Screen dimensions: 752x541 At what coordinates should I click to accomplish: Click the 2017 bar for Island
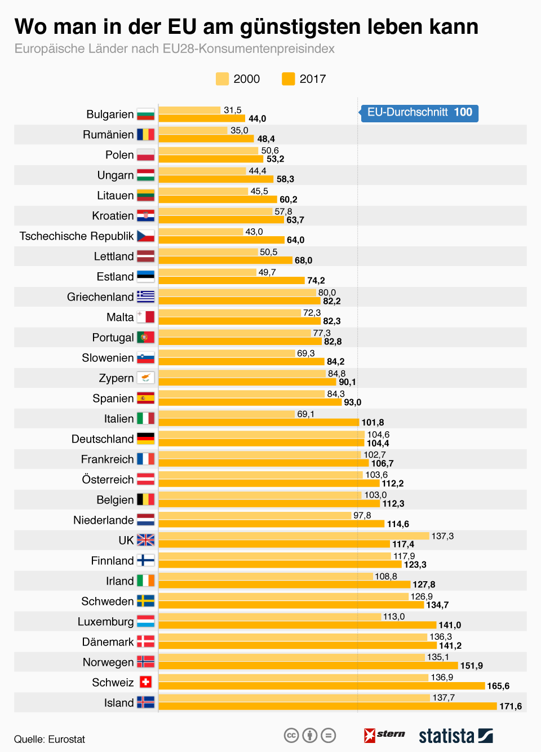(x=327, y=706)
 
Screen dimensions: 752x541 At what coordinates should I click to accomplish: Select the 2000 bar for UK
(x=294, y=536)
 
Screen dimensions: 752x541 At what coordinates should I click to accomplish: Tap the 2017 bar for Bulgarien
(x=202, y=118)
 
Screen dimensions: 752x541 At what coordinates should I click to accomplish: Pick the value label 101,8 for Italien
(x=373, y=422)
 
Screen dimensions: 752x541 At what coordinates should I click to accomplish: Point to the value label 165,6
(x=498, y=686)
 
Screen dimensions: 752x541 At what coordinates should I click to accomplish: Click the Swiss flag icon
(x=145, y=682)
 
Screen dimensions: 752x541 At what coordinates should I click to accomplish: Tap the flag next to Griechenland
(x=145, y=297)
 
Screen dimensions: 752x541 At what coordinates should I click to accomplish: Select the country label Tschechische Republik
(x=77, y=236)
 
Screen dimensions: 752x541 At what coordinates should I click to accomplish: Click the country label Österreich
(x=108, y=480)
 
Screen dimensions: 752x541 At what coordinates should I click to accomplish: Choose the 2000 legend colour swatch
(x=222, y=79)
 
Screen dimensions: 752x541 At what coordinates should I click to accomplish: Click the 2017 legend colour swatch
(x=288, y=79)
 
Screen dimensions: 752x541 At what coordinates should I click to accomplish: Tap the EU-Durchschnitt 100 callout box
(x=419, y=113)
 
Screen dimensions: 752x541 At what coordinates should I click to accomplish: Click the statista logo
(x=455, y=736)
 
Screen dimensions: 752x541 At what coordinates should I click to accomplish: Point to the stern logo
(x=384, y=735)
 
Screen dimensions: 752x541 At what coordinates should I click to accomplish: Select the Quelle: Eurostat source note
(x=50, y=739)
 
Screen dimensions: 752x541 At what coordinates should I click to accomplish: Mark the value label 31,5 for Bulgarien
(x=232, y=110)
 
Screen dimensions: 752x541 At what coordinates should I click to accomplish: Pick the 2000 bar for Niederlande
(x=255, y=515)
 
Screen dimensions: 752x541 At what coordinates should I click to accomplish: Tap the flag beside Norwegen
(x=145, y=662)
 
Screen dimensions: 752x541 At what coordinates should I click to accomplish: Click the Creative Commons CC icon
(x=291, y=735)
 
